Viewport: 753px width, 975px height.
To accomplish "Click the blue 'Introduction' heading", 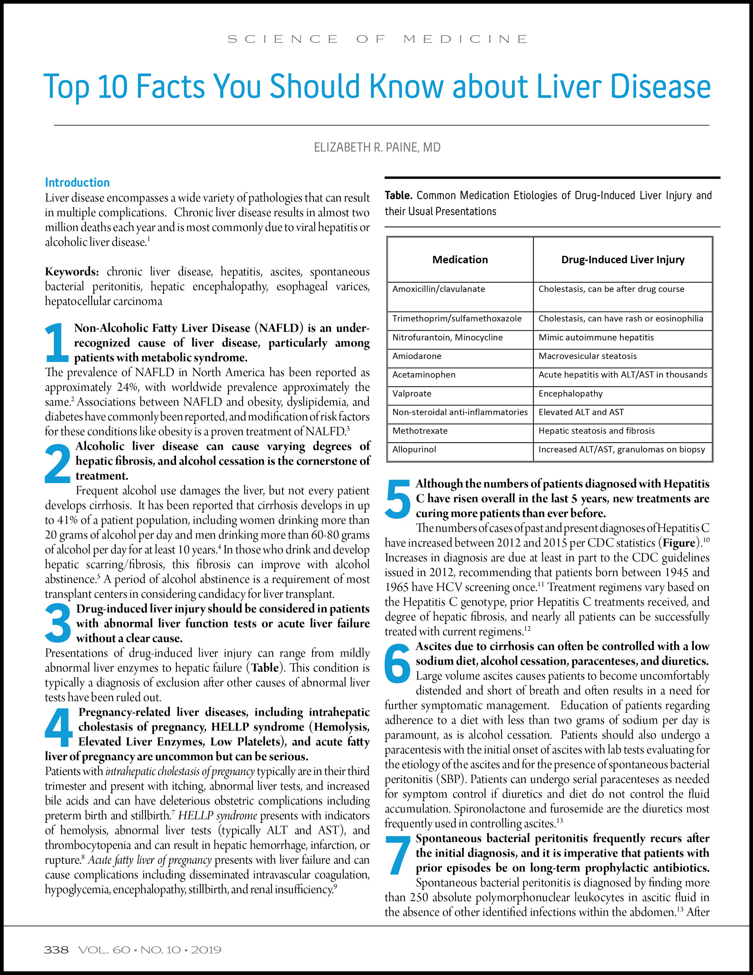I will pos(77,182).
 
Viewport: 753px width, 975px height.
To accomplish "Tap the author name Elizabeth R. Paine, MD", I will pos(377,147).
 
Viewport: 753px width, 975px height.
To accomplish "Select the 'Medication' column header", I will pos(460,259).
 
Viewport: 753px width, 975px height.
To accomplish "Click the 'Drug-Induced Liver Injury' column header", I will pos(623,259).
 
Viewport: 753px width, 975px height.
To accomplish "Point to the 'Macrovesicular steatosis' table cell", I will pos(587,356).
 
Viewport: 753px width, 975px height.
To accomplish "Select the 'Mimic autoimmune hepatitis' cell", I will pos(596,337).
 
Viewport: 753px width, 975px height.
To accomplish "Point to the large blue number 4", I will pos(58,727).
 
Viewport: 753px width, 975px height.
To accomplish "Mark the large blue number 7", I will pos(398,855).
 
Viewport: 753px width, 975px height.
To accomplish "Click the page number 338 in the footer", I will pos(56,949).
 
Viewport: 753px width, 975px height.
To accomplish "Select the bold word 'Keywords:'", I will pos(72,272).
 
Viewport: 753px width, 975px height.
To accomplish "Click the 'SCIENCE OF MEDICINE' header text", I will pos(377,39).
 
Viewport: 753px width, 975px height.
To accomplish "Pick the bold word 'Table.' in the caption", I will pos(398,195).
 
